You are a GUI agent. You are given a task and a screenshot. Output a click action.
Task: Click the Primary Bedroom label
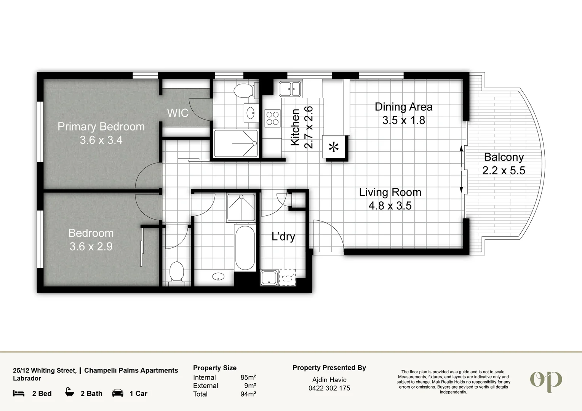(x=101, y=127)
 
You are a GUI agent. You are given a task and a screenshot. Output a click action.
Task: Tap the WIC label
(x=178, y=113)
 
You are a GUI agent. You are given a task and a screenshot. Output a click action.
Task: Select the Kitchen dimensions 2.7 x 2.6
(x=309, y=127)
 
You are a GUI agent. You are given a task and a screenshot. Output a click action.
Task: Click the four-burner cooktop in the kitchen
(x=273, y=118)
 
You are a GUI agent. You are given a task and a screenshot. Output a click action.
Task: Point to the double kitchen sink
(x=290, y=89)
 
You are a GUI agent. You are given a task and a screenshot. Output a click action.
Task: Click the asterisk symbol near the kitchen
(x=334, y=147)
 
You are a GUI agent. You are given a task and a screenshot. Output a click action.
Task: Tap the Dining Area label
(x=403, y=107)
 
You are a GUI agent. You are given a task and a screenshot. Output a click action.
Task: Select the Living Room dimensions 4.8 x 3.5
(x=390, y=206)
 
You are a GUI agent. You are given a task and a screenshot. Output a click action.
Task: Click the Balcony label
(x=504, y=157)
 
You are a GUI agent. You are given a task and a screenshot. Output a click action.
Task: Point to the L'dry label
(x=283, y=237)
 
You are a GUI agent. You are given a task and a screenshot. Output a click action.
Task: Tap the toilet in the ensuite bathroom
(x=245, y=90)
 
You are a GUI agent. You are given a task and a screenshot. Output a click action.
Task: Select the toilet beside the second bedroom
(x=177, y=272)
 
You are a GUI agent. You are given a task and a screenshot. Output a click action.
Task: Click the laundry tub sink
(x=269, y=278)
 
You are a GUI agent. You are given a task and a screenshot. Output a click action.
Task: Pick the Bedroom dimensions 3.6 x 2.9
(x=91, y=246)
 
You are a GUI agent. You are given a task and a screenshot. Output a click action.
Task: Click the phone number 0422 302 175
(x=329, y=388)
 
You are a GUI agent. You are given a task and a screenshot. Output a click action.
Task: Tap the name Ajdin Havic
(x=329, y=380)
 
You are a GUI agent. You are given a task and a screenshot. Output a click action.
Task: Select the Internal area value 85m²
(x=248, y=377)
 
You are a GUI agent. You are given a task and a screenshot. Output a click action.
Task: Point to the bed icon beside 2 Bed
(x=19, y=393)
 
